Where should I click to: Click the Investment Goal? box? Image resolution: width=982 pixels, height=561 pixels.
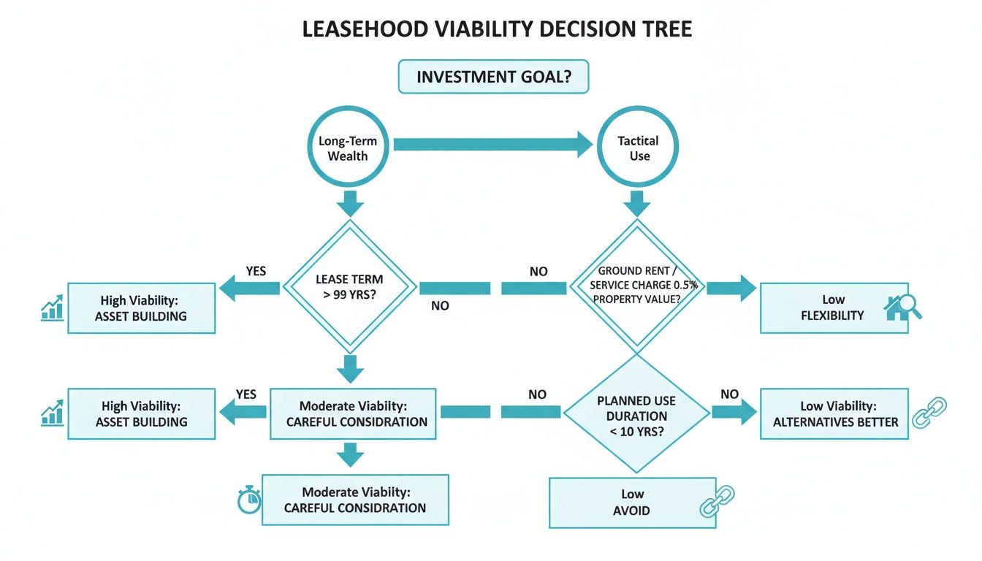point(493,77)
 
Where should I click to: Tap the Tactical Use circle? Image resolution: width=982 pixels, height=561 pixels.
point(638,148)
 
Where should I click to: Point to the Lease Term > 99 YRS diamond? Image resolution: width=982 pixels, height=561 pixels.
point(349,287)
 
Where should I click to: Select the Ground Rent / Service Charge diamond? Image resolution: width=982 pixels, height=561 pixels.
point(637,286)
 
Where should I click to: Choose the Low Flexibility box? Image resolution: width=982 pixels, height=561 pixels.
point(834,308)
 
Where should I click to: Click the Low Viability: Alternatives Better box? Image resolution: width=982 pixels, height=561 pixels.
point(834,413)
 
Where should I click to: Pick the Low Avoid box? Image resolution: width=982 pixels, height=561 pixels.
point(632,503)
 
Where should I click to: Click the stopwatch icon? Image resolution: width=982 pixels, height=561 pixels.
point(249,500)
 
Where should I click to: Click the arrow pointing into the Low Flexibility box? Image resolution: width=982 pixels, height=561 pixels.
point(731,288)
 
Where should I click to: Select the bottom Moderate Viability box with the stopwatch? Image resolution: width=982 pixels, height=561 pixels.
point(355,500)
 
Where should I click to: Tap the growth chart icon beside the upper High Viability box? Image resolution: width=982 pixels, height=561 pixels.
point(51,309)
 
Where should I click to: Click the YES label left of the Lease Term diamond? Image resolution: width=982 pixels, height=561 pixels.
point(256,271)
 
